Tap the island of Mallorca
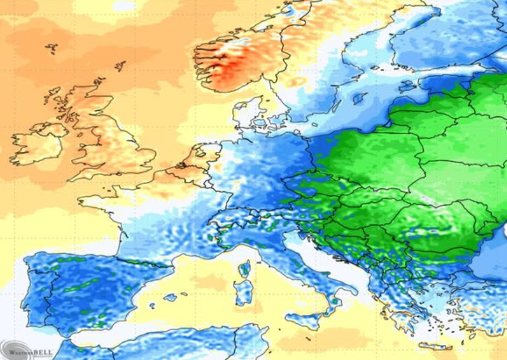(x=170, y=297)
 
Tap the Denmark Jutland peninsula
(x=246, y=114)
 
